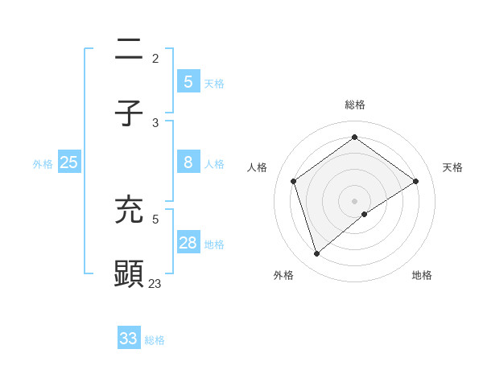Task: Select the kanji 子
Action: (129, 113)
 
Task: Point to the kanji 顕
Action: (129, 273)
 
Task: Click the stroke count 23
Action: (155, 283)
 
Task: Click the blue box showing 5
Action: (188, 81)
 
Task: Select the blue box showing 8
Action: (188, 162)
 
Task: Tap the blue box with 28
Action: (188, 243)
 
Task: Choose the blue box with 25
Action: (68, 162)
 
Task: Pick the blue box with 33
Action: (129, 338)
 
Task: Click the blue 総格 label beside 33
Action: (155, 340)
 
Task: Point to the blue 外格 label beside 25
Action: (43, 164)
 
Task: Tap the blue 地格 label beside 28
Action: (214, 244)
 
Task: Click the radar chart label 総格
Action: (355, 105)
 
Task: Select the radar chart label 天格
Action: (452, 167)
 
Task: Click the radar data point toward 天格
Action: (416, 181)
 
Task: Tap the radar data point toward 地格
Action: (365, 214)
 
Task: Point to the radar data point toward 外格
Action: (316, 254)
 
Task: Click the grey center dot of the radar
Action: (355, 200)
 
